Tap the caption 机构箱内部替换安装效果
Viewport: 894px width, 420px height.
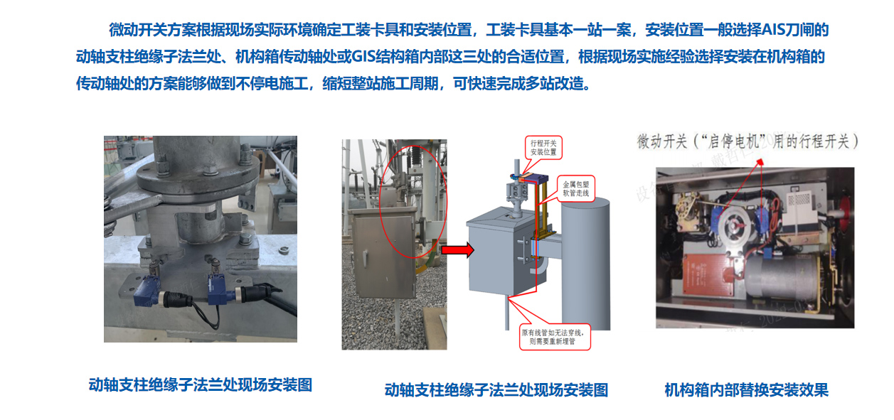click(x=746, y=389)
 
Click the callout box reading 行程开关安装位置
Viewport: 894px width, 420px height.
click(x=544, y=147)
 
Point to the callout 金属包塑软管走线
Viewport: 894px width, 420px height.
click(x=575, y=188)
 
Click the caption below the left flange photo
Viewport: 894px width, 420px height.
click(x=201, y=385)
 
